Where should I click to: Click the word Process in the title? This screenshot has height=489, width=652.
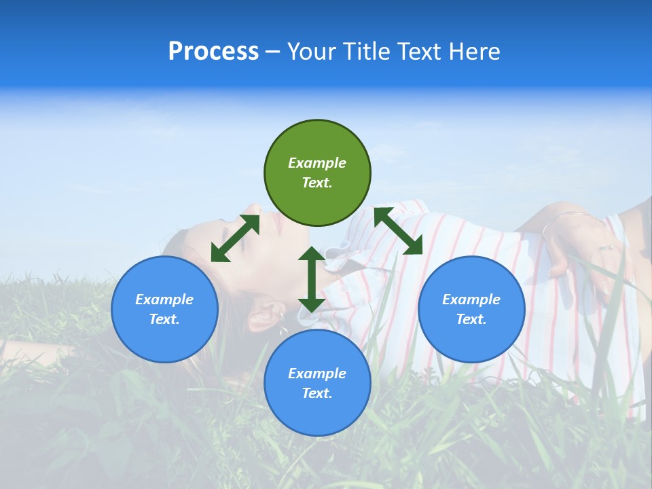[213, 52]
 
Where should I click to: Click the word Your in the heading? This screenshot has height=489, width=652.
[311, 52]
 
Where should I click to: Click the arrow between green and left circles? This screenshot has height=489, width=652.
[235, 238]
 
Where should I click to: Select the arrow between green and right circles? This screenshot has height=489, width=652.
[398, 231]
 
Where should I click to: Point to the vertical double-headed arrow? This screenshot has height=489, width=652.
[311, 279]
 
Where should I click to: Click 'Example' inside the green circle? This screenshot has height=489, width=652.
[317, 163]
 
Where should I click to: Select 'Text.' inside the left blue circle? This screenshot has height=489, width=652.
[164, 319]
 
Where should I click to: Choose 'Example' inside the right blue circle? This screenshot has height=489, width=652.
[471, 300]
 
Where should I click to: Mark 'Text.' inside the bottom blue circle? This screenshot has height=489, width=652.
[317, 393]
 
